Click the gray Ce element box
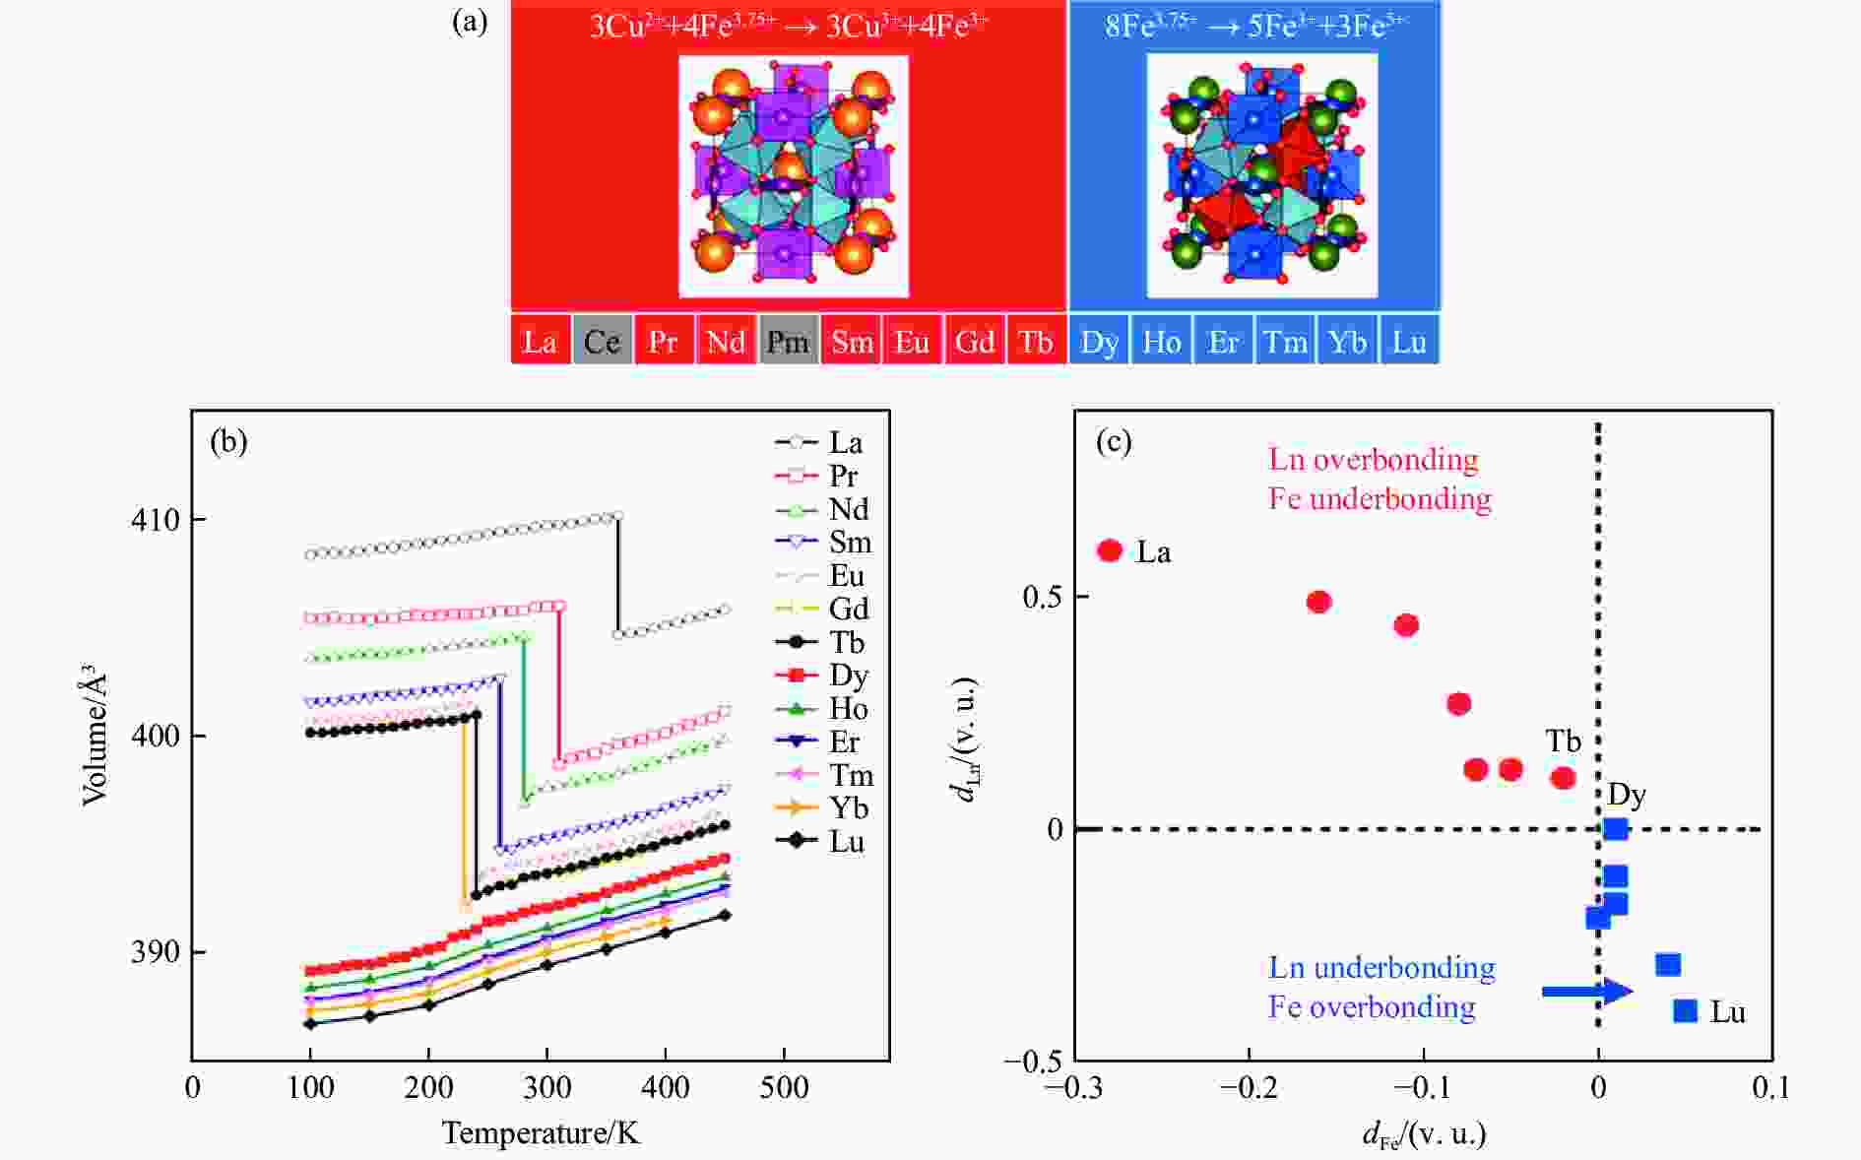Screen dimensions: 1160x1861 point(602,341)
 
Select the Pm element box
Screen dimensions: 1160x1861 point(788,341)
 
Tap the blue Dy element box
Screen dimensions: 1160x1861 point(1099,341)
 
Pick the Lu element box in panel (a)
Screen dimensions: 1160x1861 point(1409,341)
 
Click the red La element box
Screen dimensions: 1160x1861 point(540,341)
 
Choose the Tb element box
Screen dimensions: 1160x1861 point(1036,341)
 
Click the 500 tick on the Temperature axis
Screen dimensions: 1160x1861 point(784,1087)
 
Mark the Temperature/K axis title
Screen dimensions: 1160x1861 point(541,1132)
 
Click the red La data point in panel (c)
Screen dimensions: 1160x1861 point(1110,550)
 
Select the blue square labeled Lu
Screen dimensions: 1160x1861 point(1686,1010)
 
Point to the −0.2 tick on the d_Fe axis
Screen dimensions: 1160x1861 point(1249,1087)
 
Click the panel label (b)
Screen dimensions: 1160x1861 point(229,441)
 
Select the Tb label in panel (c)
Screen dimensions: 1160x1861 point(1563,741)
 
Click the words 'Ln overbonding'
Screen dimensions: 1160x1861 point(1373,459)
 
